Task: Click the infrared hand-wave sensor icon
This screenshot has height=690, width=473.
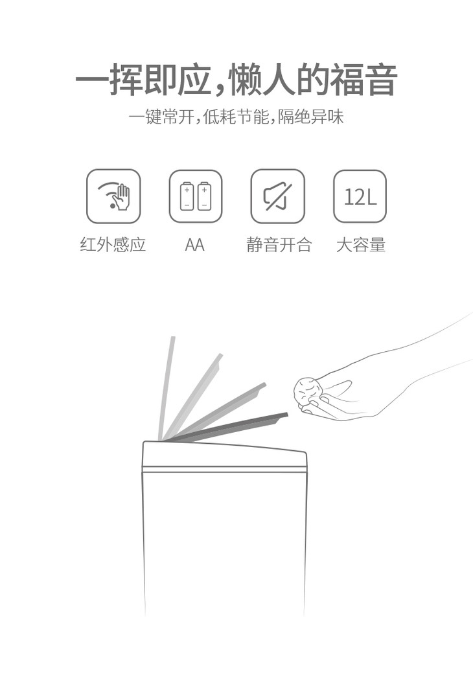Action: tap(113, 196)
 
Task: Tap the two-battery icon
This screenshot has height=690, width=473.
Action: tap(196, 196)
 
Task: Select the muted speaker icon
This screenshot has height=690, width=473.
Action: tap(277, 196)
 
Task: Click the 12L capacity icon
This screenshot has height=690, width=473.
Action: tap(360, 196)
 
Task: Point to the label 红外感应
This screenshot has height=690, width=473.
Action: tap(113, 245)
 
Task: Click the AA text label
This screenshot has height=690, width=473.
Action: tap(194, 245)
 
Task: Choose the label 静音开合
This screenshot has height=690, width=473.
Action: tap(279, 245)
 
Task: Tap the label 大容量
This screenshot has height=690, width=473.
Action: tap(361, 245)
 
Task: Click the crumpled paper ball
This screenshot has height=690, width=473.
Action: tap(308, 391)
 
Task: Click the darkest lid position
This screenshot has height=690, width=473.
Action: tap(229, 427)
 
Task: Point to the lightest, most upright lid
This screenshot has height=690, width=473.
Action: tap(167, 388)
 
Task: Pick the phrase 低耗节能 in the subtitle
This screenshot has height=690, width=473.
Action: tap(236, 117)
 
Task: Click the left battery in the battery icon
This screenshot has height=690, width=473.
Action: tap(187, 196)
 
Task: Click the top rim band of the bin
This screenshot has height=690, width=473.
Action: tap(224, 457)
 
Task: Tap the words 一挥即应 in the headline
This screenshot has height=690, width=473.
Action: tap(143, 80)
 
